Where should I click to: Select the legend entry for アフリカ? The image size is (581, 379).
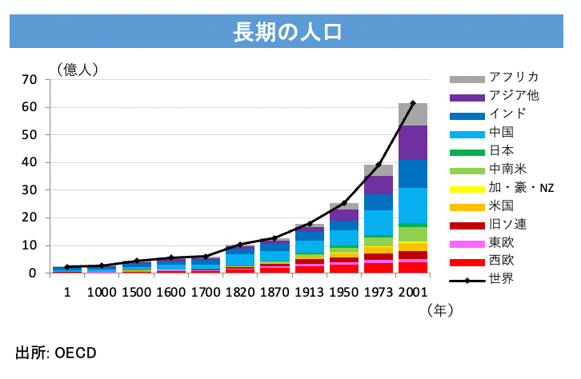[x=513, y=78]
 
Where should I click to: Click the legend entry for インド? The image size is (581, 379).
[x=511, y=114]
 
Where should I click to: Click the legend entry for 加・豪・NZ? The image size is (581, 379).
[x=521, y=188]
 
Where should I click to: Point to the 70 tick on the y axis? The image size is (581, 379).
[x=30, y=79]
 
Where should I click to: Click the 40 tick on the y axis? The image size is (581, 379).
[x=30, y=162]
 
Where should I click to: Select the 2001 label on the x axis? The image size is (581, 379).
[x=413, y=293]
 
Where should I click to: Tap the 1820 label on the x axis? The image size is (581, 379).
[x=239, y=293]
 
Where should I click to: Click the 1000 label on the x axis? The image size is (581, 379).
[x=102, y=293]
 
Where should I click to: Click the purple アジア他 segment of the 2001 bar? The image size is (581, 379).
[x=413, y=142]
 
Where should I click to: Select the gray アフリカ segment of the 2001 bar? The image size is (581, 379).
[x=413, y=114]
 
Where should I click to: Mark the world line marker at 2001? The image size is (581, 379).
[x=413, y=103]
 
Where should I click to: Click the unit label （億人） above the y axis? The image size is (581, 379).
[x=77, y=70]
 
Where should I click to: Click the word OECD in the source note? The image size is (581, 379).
[x=76, y=352]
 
